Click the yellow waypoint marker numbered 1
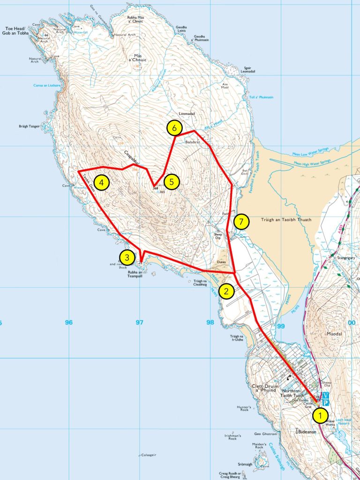[321, 415]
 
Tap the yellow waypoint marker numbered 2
[227, 292]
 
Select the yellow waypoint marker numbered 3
[126, 257]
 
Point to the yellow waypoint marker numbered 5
[172, 182]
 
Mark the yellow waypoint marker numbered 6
[174, 127]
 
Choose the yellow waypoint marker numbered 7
[241, 222]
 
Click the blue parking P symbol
[326, 403]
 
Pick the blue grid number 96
[69, 322]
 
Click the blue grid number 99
[281, 326]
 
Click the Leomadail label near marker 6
[187, 114]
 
